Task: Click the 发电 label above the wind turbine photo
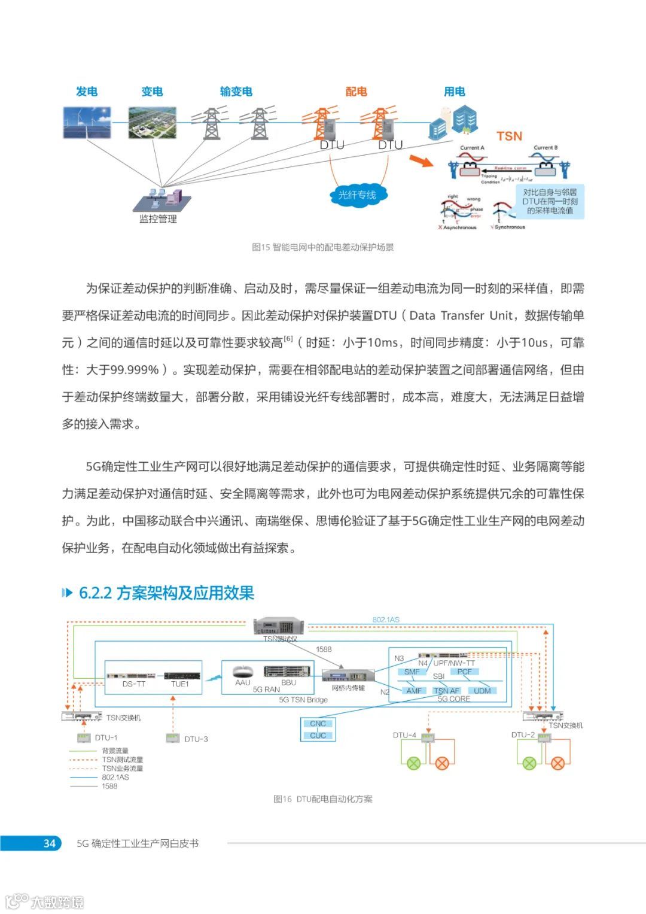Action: (x=87, y=92)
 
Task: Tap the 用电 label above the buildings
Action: (x=455, y=92)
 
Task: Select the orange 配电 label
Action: (x=356, y=92)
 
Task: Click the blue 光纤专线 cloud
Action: (x=358, y=195)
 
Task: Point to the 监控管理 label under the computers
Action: (x=158, y=219)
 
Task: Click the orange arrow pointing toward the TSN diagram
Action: (x=421, y=160)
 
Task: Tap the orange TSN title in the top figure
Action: (x=509, y=136)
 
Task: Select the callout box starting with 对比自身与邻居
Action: (x=550, y=201)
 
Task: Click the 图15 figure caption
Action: (x=323, y=247)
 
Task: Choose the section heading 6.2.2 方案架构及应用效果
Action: (x=166, y=593)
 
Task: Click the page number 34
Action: (x=49, y=843)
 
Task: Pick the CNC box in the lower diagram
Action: (x=318, y=724)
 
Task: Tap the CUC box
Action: (x=318, y=736)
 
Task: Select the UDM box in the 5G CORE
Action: (x=482, y=691)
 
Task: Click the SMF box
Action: (x=412, y=672)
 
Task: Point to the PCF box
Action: (x=465, y=672)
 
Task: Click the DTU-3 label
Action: (x=196, y=739)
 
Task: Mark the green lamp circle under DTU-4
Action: (x=413, y=763)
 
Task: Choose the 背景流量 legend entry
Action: (x=115, y=751)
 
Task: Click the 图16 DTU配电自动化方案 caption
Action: (x=323, y=799)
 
